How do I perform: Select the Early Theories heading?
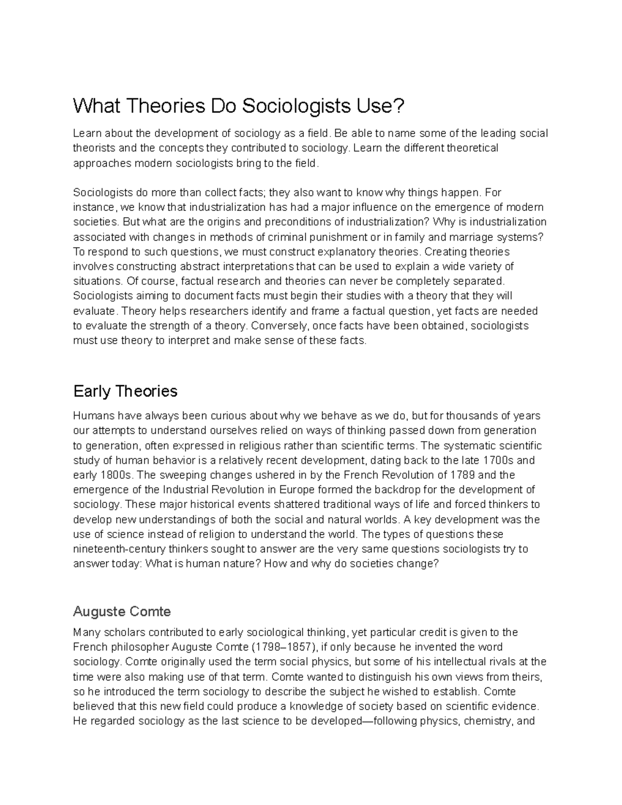(x=125, y=391)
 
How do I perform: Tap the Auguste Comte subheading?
(x=122, y=612)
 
